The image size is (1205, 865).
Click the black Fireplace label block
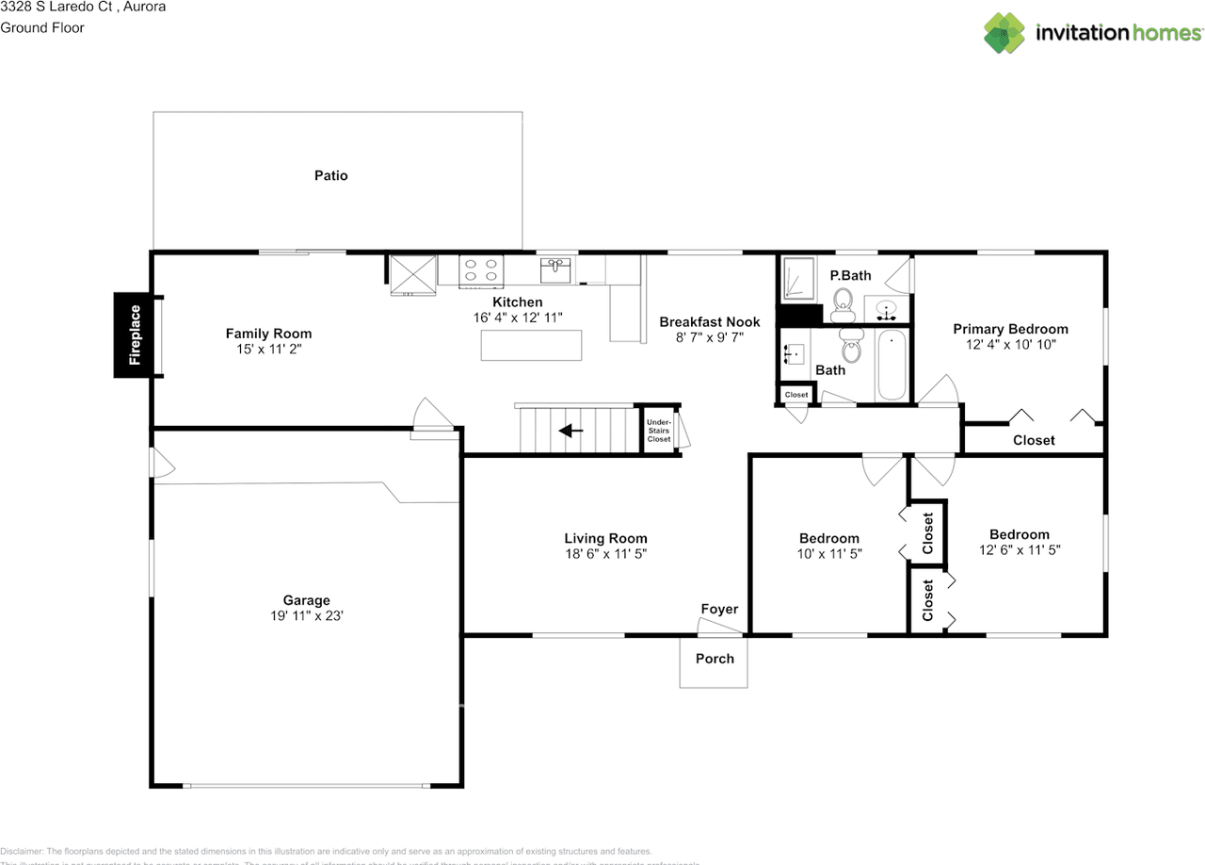135,335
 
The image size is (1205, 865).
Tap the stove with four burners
481,270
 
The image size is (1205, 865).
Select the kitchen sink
556,270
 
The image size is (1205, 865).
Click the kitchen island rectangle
531,346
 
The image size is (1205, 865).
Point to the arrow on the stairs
570,432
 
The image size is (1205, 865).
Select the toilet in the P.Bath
843,302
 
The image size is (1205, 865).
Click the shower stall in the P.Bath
798,279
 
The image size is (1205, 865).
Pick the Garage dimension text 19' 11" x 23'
307,616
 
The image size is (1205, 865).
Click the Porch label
715,659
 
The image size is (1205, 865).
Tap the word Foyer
719,609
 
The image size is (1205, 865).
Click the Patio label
330,175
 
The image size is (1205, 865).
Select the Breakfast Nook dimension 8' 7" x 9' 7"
709,337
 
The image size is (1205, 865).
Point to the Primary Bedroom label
1010,329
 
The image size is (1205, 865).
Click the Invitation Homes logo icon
1004,33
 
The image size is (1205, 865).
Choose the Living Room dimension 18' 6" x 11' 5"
605,554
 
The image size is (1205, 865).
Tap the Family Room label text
268,334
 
